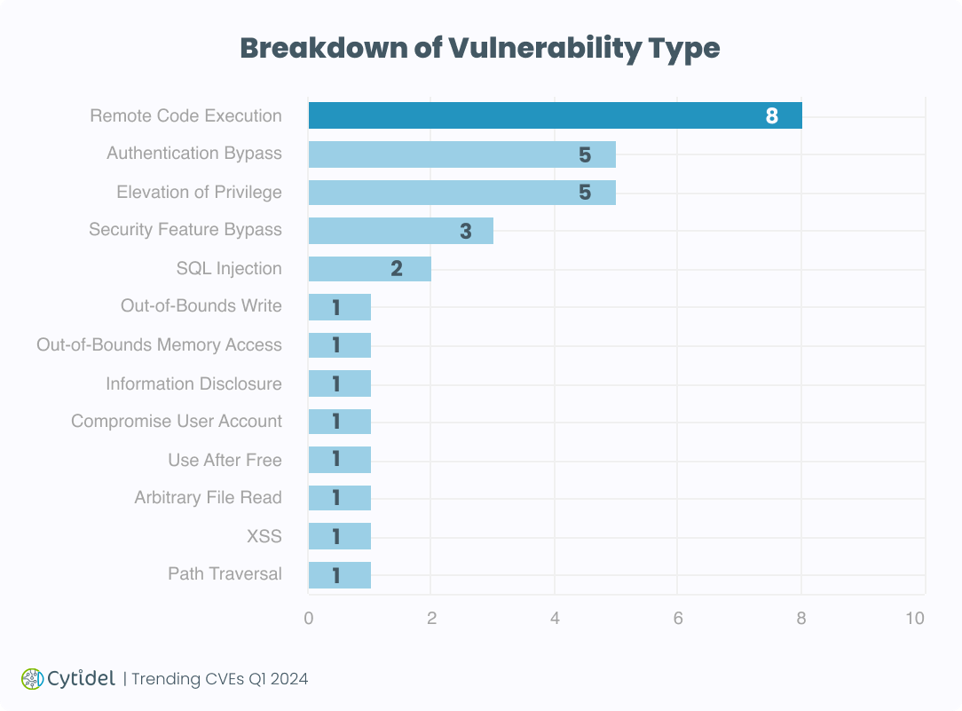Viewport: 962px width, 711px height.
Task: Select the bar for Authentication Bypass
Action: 461,154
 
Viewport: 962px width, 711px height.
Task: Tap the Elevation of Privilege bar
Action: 461,192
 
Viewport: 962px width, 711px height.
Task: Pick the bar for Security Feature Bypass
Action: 400,231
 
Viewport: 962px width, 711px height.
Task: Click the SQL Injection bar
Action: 369,269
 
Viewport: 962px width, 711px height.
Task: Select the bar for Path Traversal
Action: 339,575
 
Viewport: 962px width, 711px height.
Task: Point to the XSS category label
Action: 264,536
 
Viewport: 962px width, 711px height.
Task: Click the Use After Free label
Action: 225,460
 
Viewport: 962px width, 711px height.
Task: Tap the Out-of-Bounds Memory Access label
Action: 159,344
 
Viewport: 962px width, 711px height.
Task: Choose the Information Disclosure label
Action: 193,383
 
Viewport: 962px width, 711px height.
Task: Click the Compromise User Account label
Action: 177,421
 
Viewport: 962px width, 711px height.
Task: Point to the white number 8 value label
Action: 771,116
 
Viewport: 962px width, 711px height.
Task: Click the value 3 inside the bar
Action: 466,232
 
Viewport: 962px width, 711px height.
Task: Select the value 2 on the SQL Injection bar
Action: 397,269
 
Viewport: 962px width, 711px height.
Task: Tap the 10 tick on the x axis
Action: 915,618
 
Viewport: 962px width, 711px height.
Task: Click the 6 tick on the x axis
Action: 678,618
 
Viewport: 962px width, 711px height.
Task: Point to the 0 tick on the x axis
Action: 309,618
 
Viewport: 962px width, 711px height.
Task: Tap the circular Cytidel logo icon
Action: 32,679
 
